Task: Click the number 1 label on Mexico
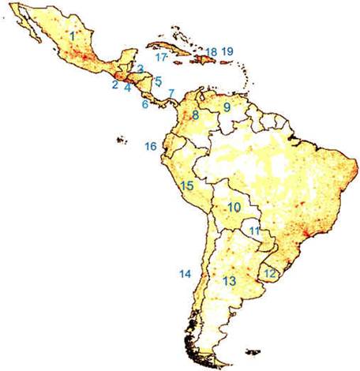tap(73, 35)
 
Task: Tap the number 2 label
tap(115, 84)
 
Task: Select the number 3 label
tap(140, 69)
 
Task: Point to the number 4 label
tap(127, 88)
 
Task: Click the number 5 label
tap(158, 81)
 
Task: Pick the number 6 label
tap(145, 104)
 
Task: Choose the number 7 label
tap(171, 93)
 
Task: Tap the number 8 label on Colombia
tap(195, 115)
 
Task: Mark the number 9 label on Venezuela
tap(226, 107)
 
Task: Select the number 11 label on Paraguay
tap(254, 230)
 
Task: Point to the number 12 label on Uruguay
tap(271, 273)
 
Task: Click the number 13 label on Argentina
tap(230, 281)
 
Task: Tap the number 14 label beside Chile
tap(185, 274)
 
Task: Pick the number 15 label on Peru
tap(187, 186)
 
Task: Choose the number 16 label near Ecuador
tap(151, 146)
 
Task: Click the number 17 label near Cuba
tap(161, 58)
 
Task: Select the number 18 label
tap(211, 52)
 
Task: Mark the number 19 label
tap(228, 52)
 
